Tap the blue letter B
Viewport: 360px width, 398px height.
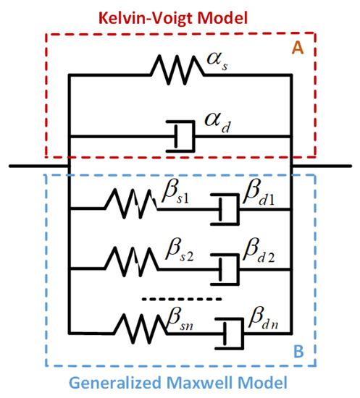click(x=298, y=355)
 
